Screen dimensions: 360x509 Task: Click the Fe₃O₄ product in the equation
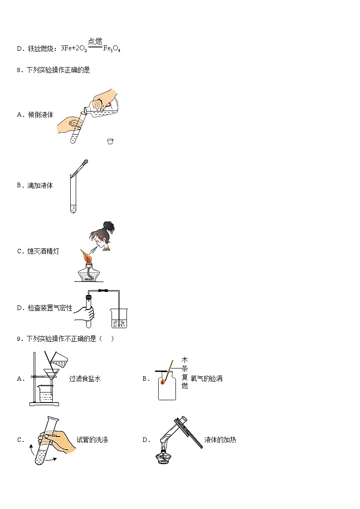click(112, 48)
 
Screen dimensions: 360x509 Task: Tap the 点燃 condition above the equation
click(95, 41)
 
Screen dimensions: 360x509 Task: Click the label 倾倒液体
click(40, 115)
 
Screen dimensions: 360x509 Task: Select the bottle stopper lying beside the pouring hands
click(110, 141)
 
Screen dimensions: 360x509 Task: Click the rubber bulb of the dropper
click(85, 161)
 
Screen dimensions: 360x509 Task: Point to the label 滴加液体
click(40, 185)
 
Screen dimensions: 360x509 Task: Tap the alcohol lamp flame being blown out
click(88, 255)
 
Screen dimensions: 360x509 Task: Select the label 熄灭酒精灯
click(43, 251)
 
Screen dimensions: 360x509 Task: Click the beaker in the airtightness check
click(119, 318)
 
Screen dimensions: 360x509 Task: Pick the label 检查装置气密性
click(50, 308)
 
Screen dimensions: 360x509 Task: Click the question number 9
click(19, 339)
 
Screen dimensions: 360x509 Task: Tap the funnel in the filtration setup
click(51, 374)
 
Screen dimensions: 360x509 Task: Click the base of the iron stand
click(44, 404)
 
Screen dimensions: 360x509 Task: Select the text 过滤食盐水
click(85, 378)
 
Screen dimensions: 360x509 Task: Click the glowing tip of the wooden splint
click(163, 382)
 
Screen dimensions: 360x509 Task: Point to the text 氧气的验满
click(206, 378)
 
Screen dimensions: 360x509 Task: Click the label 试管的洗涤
click(92, 440)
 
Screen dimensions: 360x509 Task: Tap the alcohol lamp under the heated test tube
click(163, 455)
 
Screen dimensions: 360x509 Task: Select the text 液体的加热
click(220, 440)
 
